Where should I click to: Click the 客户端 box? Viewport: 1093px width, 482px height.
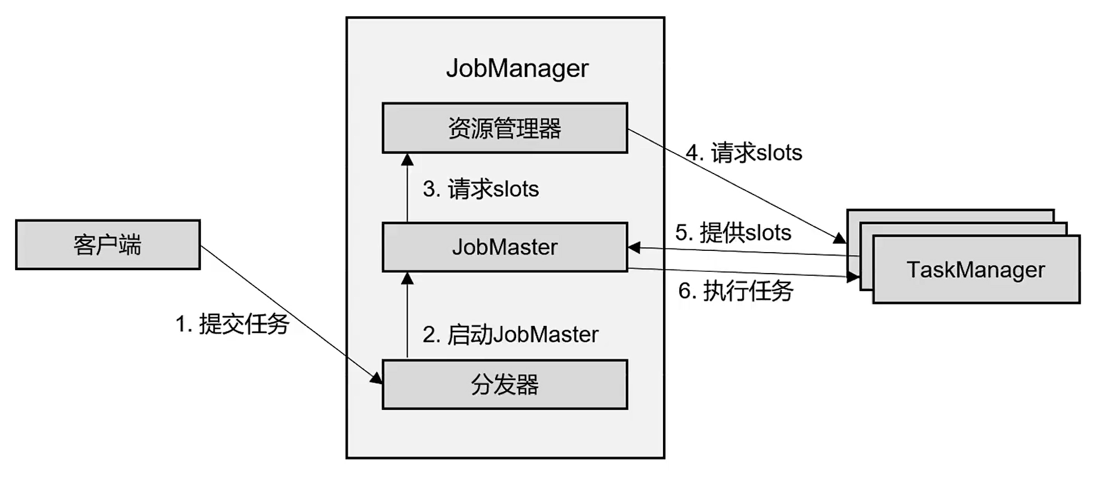108,244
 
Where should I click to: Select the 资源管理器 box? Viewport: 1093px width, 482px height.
505,128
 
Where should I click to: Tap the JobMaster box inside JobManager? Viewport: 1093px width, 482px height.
505,247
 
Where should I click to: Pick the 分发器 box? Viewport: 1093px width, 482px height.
505,385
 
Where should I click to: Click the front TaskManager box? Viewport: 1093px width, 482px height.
976,270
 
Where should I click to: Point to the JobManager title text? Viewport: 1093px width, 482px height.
517,68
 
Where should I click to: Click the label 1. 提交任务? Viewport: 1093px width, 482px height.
232,324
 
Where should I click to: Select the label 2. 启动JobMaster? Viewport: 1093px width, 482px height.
510,335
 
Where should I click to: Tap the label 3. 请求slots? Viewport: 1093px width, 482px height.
481,189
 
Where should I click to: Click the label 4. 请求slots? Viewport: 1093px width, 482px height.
744,153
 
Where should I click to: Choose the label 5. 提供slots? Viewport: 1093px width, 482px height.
733,233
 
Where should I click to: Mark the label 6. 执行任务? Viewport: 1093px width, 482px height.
735,290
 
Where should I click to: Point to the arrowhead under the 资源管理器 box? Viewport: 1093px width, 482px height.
407,159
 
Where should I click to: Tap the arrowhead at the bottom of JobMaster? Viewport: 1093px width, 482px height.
407,278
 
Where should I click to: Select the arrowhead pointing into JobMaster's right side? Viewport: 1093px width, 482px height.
634,248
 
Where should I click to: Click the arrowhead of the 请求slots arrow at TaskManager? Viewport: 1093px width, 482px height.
840,238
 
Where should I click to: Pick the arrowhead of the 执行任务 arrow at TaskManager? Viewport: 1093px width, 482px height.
853,278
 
